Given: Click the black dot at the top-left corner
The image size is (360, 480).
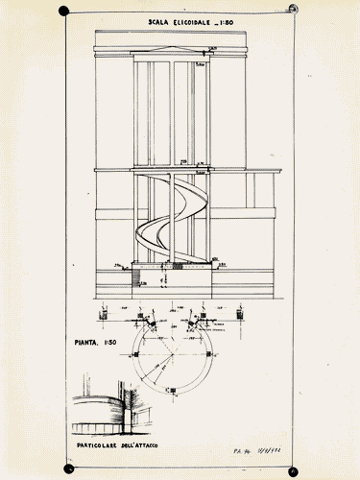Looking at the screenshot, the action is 63,12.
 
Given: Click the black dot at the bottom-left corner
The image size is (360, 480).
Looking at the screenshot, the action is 68,468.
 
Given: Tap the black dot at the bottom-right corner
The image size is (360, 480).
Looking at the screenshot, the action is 294,470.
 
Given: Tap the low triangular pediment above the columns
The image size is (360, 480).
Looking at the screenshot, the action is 174,55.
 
